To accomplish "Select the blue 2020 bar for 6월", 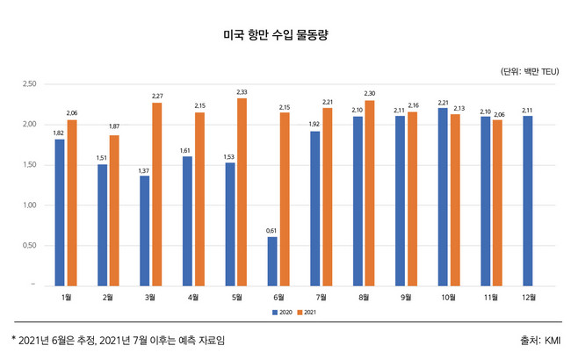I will (x=272, y=261).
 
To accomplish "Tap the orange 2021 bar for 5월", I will (x=241, y=191).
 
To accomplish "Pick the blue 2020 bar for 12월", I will (x=527, y=200).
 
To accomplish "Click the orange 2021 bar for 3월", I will (x=156, y=194).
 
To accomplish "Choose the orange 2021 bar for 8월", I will (x=369, y=193).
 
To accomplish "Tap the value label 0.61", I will (x=272, y=230).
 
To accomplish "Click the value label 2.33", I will (x=242, y=92).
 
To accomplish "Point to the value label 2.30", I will (x=369, y=94).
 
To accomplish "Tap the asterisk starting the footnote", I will (x=13, y=338).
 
